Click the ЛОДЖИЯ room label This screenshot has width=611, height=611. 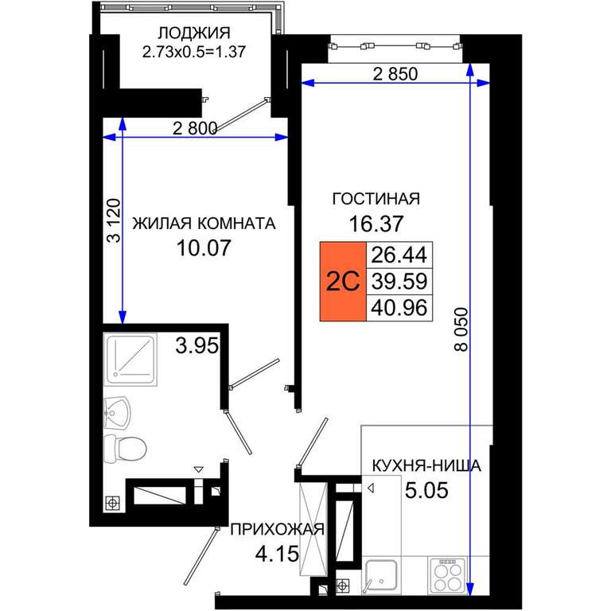point(194,33)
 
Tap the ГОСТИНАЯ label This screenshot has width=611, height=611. point(376,199)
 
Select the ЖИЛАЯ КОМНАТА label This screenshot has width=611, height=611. point(204,224)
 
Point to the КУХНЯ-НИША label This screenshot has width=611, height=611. point(426,466)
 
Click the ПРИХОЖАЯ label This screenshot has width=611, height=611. point(277,530)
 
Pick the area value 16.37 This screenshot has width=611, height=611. point(376,224)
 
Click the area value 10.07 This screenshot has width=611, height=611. point(204,248)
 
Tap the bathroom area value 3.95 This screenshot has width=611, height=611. point(197,345)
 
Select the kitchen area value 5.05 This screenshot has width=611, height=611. point(426,490)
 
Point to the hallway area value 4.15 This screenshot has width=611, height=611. point(277,554)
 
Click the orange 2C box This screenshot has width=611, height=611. point(343,282)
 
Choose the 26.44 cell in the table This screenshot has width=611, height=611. point(399,255)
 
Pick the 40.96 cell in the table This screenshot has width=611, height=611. point(399,308)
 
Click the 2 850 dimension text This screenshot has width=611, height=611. point(395,74)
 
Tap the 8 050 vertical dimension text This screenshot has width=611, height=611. point(461,329)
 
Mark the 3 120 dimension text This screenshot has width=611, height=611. point(114,220)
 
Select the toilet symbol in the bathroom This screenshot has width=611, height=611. point(125,449)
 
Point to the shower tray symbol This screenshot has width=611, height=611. point(130,359)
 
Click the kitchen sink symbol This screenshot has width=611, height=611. point(380,577)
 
